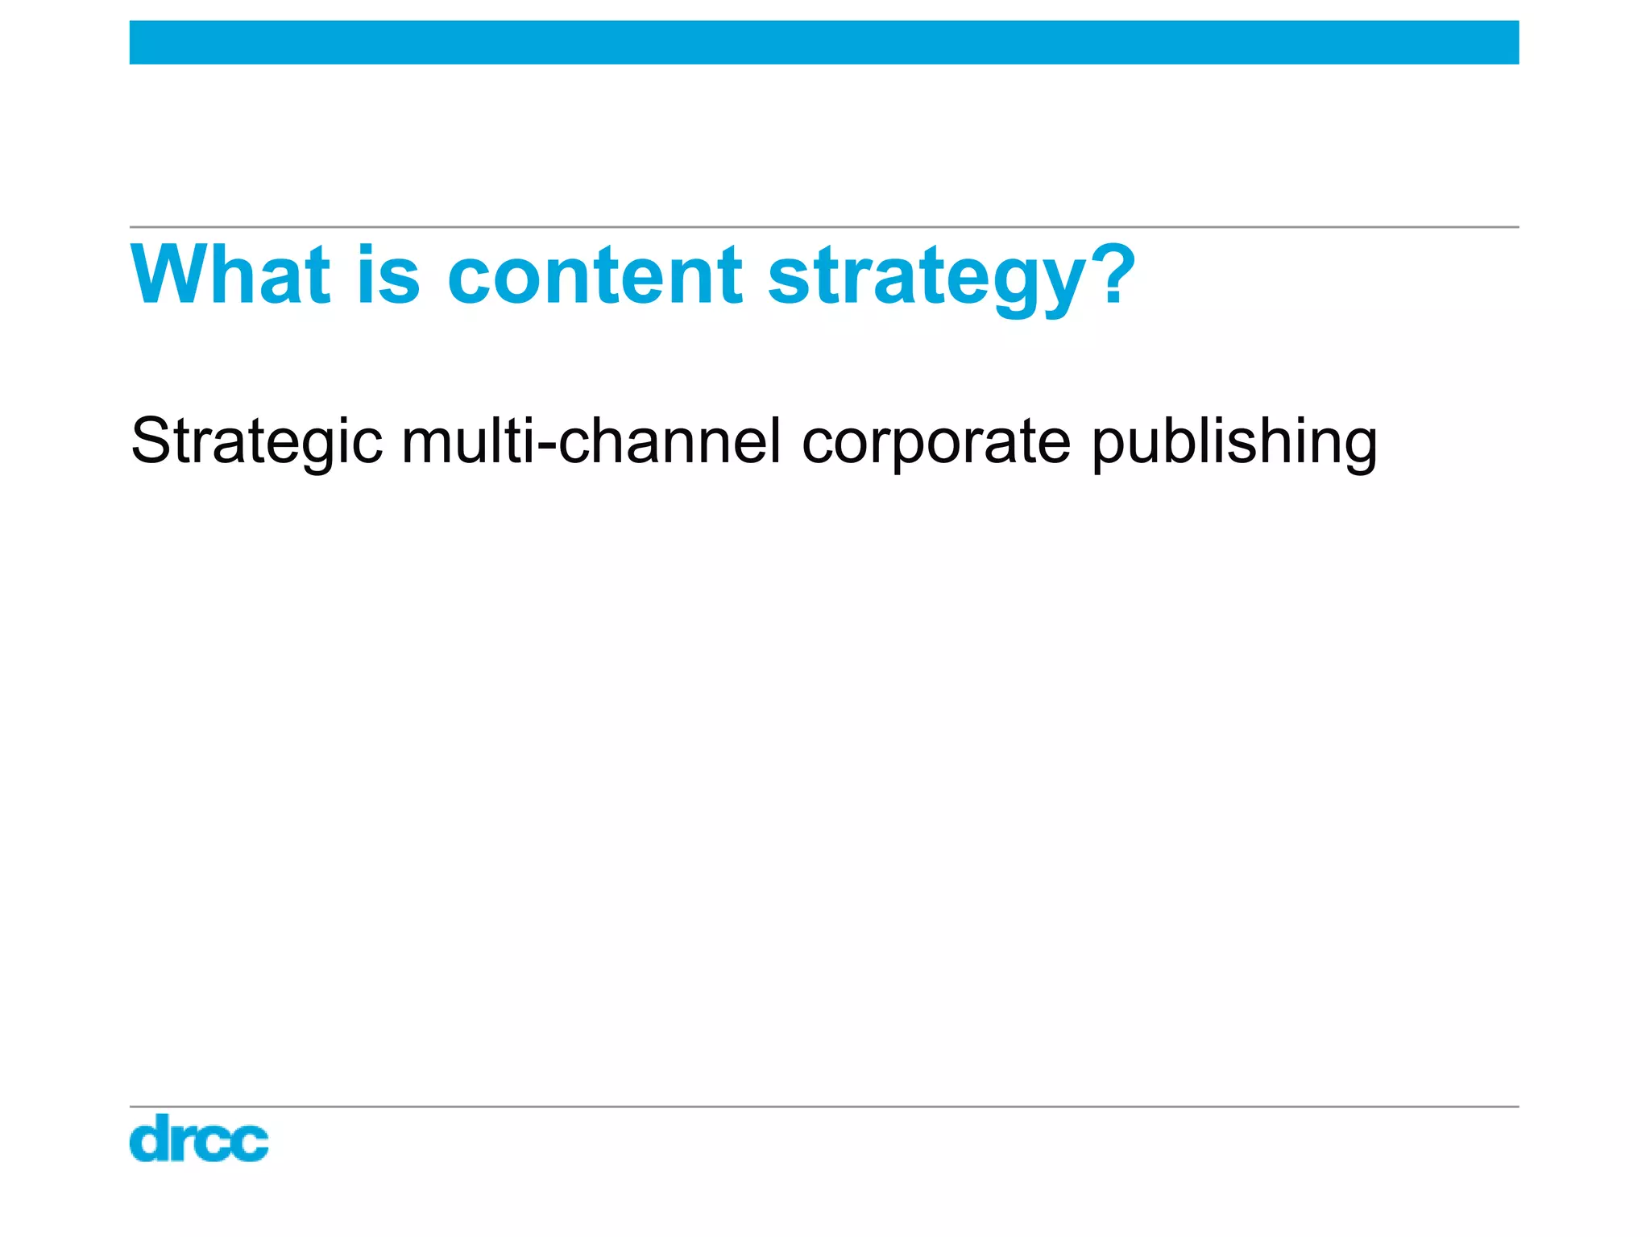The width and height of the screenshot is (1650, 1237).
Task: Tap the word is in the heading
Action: [x=388, y=275]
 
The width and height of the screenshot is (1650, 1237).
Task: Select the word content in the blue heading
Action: [x=595, y=275]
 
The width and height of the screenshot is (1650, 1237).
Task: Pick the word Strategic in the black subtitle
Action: [x=256, y=442]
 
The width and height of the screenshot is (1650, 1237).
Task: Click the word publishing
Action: [x=1234, y=442]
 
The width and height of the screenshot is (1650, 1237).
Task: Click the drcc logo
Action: [x=198, y=1138]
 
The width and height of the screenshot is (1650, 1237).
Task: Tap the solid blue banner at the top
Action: [x=823, y=43]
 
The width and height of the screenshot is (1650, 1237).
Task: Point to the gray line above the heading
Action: [x=823, y=227]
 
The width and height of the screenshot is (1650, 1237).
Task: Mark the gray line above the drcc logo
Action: [x=823, y=1107]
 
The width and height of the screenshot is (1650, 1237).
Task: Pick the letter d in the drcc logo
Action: [x=151, y=1138]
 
